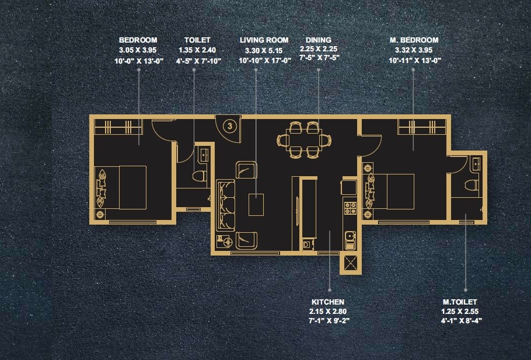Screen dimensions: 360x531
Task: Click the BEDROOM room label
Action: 139,40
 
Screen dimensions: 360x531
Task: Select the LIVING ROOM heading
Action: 264,40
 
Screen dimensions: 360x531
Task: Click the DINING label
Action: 319,40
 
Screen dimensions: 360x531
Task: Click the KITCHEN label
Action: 327,302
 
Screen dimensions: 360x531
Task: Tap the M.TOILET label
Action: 460,302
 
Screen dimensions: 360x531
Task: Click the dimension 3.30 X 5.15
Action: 264,50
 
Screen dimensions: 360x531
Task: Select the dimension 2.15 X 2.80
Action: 327,312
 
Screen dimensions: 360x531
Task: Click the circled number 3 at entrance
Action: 230,125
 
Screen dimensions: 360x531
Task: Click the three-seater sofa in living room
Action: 225,205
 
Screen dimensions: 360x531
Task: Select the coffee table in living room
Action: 256,205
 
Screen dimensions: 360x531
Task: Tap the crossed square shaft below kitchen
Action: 351,263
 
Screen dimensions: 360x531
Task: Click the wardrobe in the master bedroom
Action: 417,127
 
